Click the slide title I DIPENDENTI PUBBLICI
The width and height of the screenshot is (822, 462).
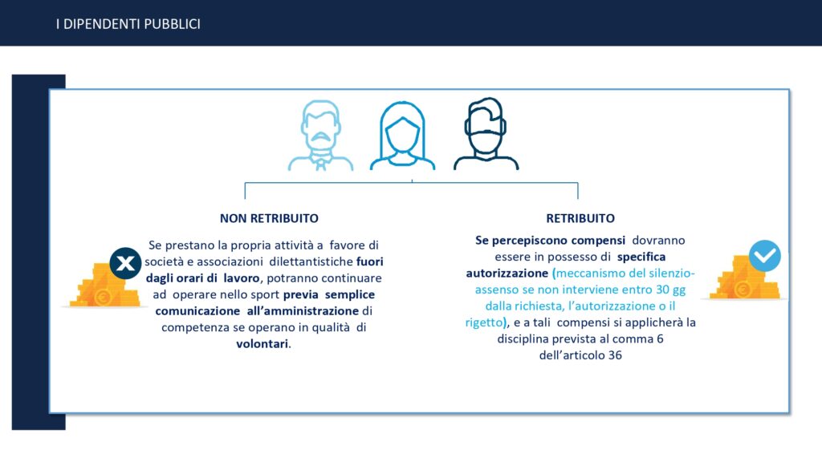pyautogui.click(x=128, y=24)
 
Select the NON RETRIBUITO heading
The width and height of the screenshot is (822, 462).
pyautogui.click(x=269, y=218)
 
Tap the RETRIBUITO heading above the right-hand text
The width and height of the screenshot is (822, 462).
pyautogui.click(x=580, y=218)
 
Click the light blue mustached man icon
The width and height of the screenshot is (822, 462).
pyautogui.click(x=320, y=135)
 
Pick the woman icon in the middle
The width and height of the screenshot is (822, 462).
pyautogui.click(x=402, y=135)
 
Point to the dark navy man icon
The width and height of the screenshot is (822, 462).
pyautogui.click(x=486, y=134)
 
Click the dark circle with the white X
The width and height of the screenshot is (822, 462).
pyautogui.click(x=125, y=263)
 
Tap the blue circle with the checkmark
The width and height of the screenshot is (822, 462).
pyautogui.click(x=765, y=256)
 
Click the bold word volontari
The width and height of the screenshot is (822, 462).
pyautogui.click(x=262, y=344)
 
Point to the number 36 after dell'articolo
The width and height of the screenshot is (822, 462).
pyautogui.click(x=615, y=355)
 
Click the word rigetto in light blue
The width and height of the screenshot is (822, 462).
pyautogui.click(x=484, y=322)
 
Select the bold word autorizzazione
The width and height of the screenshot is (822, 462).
pyautogui.click(x=507, y=273)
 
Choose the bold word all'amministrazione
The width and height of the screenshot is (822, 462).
pyautogui.click(x=303, y=311)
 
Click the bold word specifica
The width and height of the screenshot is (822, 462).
pyautogui.click(x=641, y=257)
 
